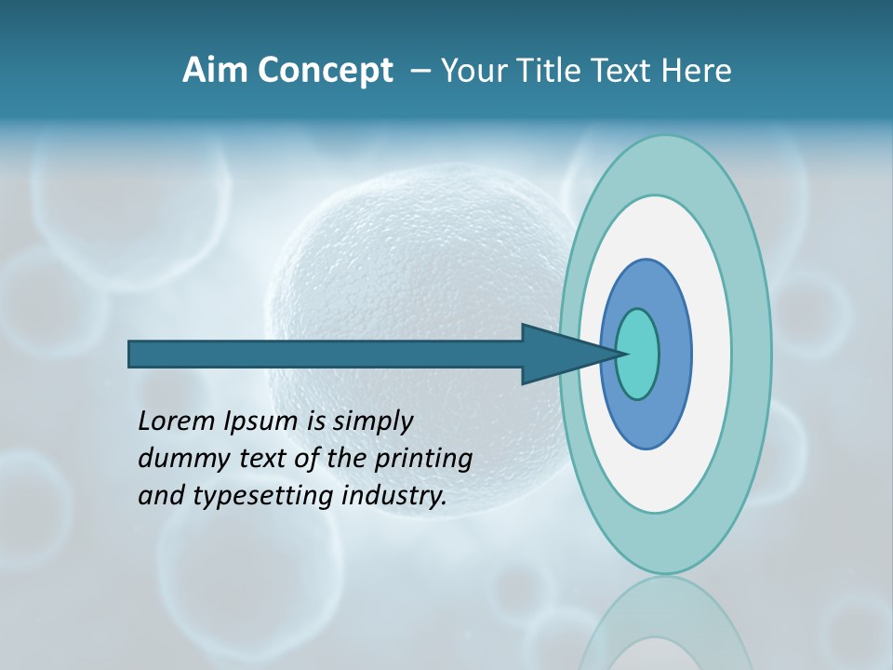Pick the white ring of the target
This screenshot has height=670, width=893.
(711, 354)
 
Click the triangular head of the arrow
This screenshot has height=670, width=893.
(558, 354)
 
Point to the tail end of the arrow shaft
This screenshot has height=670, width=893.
(136, 354)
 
